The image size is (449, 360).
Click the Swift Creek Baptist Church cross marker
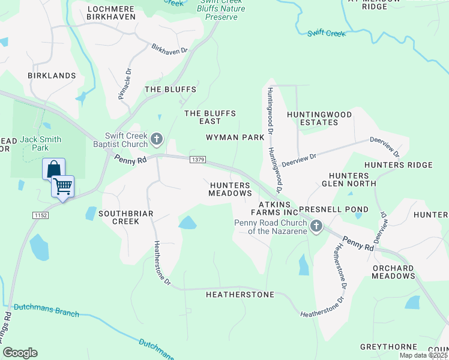coord(156,140)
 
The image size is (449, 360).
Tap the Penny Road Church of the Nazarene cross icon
coord(316,226)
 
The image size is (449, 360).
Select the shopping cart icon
coord(62,187)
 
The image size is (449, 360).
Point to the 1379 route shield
coord(199,160)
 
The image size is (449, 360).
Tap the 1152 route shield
coord(40,215)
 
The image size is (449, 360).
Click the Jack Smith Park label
coord(40,143)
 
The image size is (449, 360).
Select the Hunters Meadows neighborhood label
coord(230,189)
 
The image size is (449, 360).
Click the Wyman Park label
coord(235,137)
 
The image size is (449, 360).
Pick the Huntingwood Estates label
coord(312,118)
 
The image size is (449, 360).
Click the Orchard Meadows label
coord(393,272)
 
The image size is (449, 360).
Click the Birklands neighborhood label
coord(52,76)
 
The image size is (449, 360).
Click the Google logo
coord(20,353)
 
